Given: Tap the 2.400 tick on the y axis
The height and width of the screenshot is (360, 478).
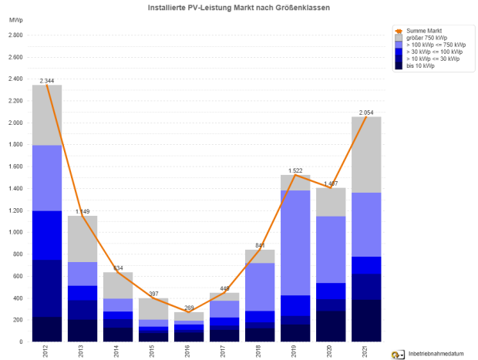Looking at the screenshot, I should [x=15, y=79].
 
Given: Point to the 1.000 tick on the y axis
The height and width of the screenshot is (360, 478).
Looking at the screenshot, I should [x=15, y=232].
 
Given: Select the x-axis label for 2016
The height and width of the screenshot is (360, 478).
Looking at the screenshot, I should [x=189, y=352].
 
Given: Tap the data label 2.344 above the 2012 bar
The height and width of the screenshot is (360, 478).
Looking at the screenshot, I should [x=47, y=80].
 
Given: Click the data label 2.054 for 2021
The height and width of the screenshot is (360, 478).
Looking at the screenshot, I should [x=365, y=113].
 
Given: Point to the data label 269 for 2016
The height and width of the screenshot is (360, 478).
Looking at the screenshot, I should [x=189, y=307].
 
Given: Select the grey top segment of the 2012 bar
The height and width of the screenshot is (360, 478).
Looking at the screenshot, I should [x=47, y=115].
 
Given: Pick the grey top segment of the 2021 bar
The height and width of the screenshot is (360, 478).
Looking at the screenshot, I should [x=365, y=154].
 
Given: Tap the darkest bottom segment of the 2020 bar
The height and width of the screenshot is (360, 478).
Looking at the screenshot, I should [x=330, y=325].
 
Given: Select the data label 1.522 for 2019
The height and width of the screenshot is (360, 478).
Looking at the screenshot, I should [x=295, y=170].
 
